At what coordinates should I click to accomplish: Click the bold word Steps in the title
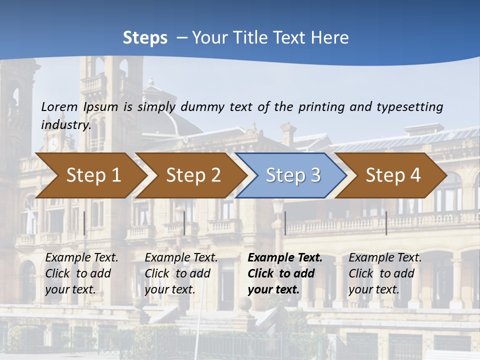coord(145,38)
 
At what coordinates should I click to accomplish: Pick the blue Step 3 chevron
coord(292,175)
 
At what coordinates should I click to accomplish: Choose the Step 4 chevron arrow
coord(392,175)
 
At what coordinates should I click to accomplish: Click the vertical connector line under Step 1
coord(84,223)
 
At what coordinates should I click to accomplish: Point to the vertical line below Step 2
coord(184,223)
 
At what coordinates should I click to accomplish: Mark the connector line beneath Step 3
coord(285,223)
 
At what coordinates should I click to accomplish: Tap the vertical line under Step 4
coord(386,223)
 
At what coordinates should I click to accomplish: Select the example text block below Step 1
coord(81,273)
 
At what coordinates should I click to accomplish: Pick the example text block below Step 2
coord(181,273)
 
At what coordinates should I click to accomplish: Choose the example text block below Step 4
coord(385,273)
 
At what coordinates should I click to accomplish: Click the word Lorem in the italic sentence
coord(59,106)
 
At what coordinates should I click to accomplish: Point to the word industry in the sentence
coord(65,125)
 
